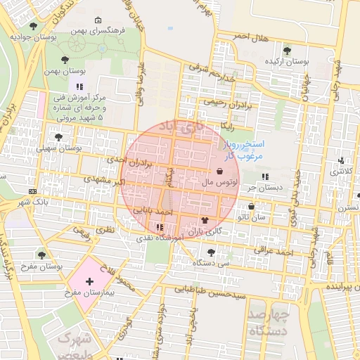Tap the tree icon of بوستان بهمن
click(x=65, y=60)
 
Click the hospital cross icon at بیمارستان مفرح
click(x=89, y=281)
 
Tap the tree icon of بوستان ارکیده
click(x=287, y=50)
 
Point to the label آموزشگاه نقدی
click(x=161, y=238)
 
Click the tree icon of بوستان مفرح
click(x=41, y=253)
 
